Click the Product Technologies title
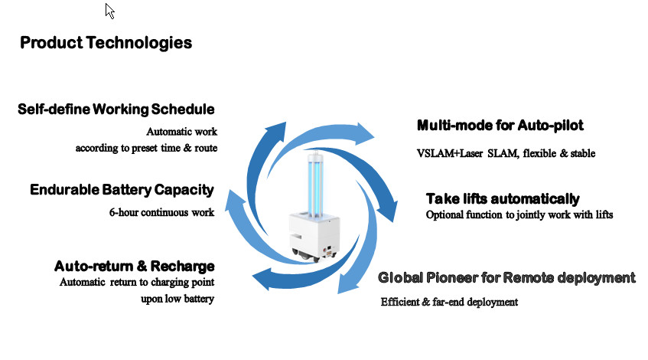coord(106,43)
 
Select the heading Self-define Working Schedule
coord(116,110)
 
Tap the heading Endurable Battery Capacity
coord(122,190)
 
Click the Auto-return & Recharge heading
coord(135,266)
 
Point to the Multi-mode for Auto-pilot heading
coord(500,125)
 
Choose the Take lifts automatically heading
coord(503,198)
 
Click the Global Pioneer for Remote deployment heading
coord(506,277)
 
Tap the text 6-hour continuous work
coord(161,212)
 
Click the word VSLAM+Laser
coord(450,153)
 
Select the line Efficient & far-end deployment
coord(449,302)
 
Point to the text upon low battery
coord(177,299)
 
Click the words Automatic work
coord(182,132)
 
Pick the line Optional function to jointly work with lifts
coord(519,214)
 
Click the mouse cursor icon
coord(109,11)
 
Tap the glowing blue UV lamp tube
coord(315,184)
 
